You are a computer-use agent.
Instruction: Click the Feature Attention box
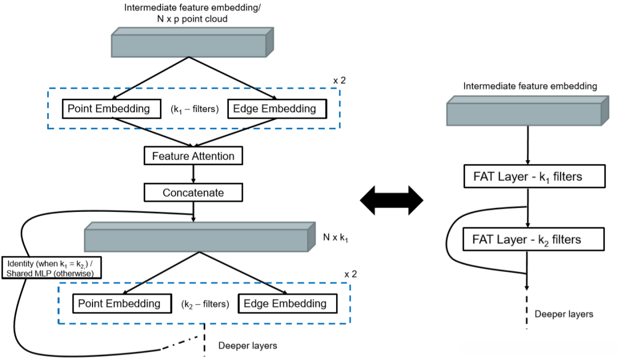193,155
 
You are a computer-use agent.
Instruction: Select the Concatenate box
193,192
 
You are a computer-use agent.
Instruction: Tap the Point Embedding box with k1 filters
109,109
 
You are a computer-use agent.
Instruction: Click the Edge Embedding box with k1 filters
277,109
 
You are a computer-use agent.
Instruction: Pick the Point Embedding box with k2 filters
119,303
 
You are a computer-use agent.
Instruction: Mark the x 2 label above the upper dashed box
339,80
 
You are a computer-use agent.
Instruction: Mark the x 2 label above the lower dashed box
350,274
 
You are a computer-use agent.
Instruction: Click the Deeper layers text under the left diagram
247,345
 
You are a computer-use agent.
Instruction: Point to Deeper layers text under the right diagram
564,314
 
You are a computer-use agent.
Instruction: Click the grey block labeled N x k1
196,238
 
